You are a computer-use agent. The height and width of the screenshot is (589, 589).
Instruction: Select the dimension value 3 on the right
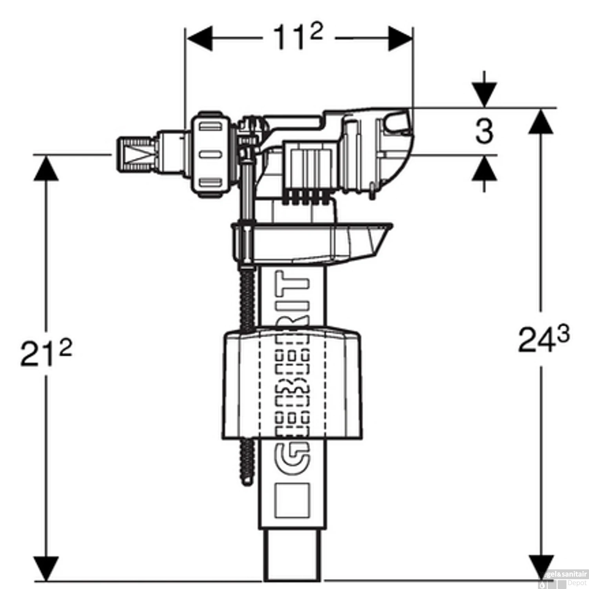coord(484,132)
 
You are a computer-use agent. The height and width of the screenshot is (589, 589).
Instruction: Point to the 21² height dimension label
coord(46,353)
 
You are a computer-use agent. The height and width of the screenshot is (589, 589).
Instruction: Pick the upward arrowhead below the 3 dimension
coord(485,168)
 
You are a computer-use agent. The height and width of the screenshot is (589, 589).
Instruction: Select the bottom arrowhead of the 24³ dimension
coord(541,567)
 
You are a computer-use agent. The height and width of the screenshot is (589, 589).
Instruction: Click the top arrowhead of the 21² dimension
coord(46,168)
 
